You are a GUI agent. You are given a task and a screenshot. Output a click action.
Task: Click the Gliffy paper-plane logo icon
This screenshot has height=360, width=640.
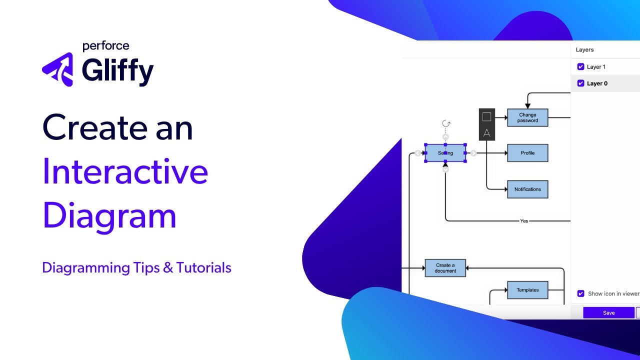[x=58, y=69]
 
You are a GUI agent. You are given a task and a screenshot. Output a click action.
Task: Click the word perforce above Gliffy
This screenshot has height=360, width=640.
[x=105, y=46]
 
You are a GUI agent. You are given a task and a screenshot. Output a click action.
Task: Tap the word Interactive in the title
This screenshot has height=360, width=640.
[x=125, y=171]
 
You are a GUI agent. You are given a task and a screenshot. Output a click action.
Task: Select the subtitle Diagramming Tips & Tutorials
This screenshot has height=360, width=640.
[x=136, y=267]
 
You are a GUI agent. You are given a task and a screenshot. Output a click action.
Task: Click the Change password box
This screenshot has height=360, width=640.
[x=527, y=117]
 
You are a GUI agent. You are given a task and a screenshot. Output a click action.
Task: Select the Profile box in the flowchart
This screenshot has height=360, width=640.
[x=527, y=153]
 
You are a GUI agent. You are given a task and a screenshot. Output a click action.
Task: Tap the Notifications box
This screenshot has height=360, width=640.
[x=527, y=189]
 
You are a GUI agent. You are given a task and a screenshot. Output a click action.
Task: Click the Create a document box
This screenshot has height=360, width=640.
[x=445, y=268]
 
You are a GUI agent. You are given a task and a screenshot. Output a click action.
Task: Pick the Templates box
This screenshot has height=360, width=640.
[x=527, y=290]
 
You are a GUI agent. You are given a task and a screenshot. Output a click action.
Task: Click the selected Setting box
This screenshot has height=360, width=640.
[x=445, y=153]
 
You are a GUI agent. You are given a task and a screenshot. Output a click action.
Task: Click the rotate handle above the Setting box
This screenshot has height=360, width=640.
[x=446, y=123]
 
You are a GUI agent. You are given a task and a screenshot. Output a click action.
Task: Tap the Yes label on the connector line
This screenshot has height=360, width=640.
[x=524, y=220]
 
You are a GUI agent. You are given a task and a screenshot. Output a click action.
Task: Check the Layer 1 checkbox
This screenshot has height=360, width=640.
[x=580, y=66]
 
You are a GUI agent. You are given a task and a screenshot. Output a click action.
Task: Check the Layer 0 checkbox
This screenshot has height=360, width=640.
[x=580, y=83]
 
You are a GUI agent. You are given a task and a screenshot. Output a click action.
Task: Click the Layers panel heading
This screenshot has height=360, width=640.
[x=584, y=50]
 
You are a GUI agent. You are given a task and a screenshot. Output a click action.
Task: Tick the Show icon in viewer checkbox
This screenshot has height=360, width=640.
[x=580, y=293]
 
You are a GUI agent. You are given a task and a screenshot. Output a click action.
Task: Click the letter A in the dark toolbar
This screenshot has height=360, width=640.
[x=486, y=133]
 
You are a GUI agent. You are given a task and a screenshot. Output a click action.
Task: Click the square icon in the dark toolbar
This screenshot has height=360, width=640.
[x=486, y=117]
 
